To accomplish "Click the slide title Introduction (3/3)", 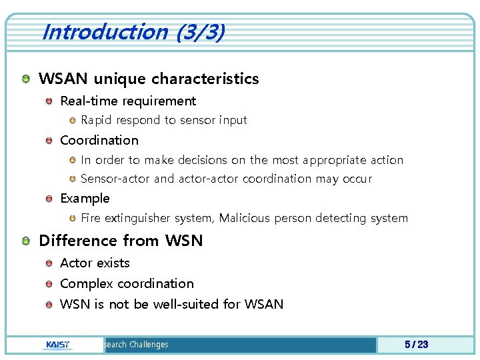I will coord(133,32).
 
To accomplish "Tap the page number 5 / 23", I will coord(416,344).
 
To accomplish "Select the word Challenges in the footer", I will coord(149,345).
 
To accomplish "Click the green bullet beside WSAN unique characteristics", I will coord(25,79).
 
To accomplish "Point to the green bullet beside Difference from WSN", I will coord(25,241).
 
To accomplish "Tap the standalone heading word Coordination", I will coord(99,141).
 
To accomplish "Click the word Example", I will coord(85,199).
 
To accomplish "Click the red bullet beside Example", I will coord(49,199).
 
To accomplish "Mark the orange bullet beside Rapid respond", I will coord(73,121).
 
